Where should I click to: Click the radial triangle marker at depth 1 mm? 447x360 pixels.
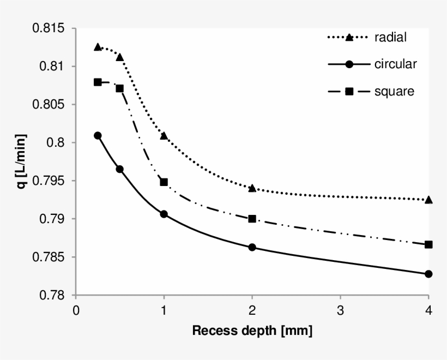[x=164, y=135]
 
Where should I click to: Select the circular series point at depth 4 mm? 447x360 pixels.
[x=428, y=274]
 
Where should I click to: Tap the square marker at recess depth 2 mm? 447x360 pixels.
[x=252, y=219]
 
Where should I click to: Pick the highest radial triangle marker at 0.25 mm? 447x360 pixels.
[x=98, y=47]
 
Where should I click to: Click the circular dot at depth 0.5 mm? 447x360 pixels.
[x=120, y=169]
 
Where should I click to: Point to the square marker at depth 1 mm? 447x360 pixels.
[x=164, y=182]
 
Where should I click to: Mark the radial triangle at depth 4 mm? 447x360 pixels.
[x=428, y=200]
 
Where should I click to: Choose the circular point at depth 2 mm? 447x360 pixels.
[x=252, y=247]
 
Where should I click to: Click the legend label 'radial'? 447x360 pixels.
[x=390, y=38]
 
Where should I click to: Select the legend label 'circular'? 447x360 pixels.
[x=395, y=64]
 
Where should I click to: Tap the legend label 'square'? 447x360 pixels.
[x=394, y=91]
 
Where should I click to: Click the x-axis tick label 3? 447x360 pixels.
[x=340, y=310]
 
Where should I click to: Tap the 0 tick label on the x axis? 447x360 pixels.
[x=76, y=310]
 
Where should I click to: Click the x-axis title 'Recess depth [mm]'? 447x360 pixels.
[x=252, y=331]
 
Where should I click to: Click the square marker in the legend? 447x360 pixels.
[x=349, y=91]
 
